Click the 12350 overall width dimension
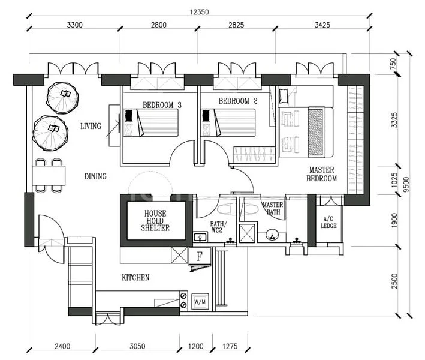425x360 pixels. (x=199, y=12)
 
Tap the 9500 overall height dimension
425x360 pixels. (x=406, y=184)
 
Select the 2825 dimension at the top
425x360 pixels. (x=236, y=25)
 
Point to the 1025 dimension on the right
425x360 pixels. (x=394, y=180)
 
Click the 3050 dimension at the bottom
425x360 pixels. (x=137, y=346)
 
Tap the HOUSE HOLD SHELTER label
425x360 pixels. (x=155, y=221)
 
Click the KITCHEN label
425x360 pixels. (x=135, y=278)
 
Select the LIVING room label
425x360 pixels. (x=91, y=126)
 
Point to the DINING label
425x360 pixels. (x=95, y=176)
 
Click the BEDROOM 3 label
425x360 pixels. (x=162, y=105)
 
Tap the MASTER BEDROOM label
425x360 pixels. (x=322, y=174)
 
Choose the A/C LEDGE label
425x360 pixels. (x=328, y=222)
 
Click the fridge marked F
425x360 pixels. (x=200, y=256)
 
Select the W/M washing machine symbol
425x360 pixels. (x=200, y=301)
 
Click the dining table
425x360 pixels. (x=49, y=175)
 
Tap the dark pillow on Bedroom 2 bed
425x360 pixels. (x=206, y=116)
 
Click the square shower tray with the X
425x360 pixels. (x=247, y=233)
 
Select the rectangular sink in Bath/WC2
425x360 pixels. (x=200, y=238)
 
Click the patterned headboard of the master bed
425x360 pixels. (x=315, y=132)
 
